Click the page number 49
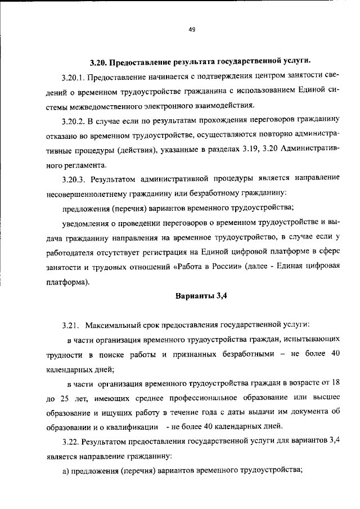coord(192,31)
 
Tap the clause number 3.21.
coord(71,326)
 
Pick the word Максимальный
coord(114,326)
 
